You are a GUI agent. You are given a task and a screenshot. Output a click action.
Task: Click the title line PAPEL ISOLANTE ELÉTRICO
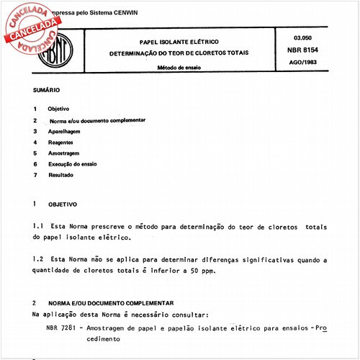[x=175, y=42]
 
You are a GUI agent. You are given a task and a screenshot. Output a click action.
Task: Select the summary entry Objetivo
[x=58, y=109]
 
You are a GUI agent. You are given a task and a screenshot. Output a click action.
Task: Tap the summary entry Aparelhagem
[x=64, y=132]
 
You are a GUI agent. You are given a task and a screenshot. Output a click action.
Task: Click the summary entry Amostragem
[x=63, y=153]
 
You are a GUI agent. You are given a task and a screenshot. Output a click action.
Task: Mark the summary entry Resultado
[x=61, y=175]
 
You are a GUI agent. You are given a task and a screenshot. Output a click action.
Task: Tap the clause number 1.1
[x=39, y=226]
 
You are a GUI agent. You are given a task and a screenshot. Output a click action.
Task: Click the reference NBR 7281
[x=59, y=328]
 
